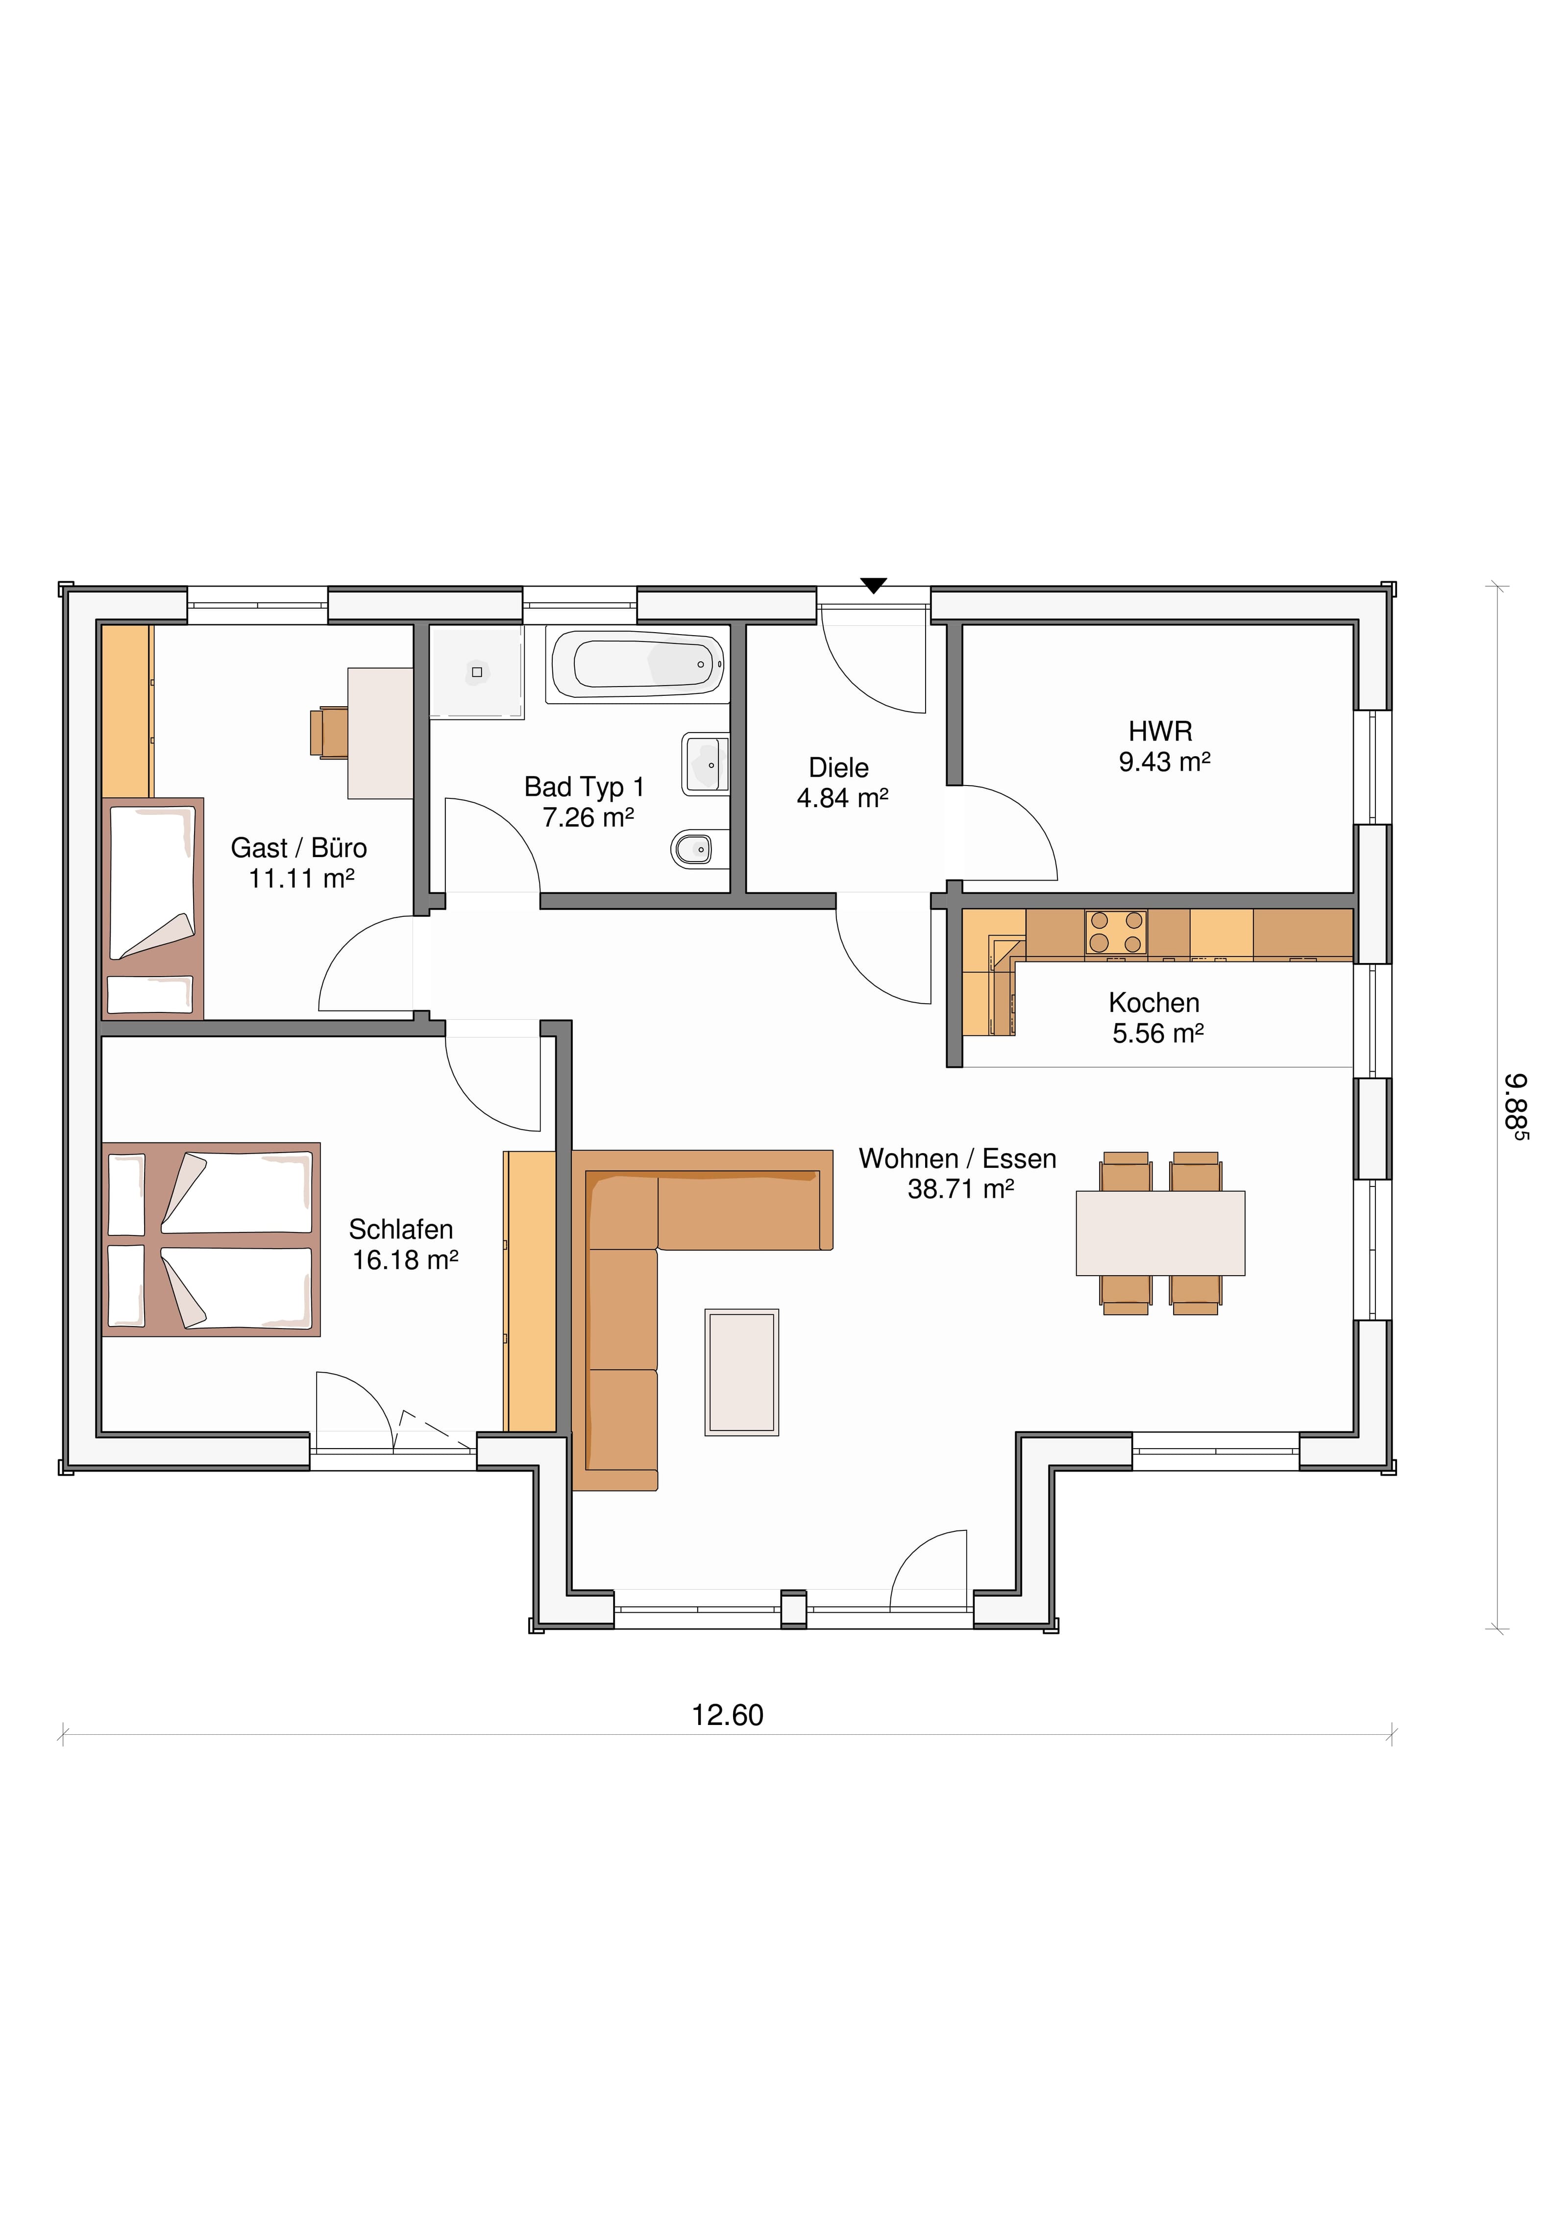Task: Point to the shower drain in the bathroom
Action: coord(476,671)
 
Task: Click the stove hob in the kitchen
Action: coord(1116,932)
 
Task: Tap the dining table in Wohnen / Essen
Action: coord(1160,1232)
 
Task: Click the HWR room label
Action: coord(1160,731)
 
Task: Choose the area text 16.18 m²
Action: coord(405,1260)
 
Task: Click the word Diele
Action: coord(838,768)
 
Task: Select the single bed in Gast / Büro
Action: coord(153,908)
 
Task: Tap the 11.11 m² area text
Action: coord(301,878)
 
